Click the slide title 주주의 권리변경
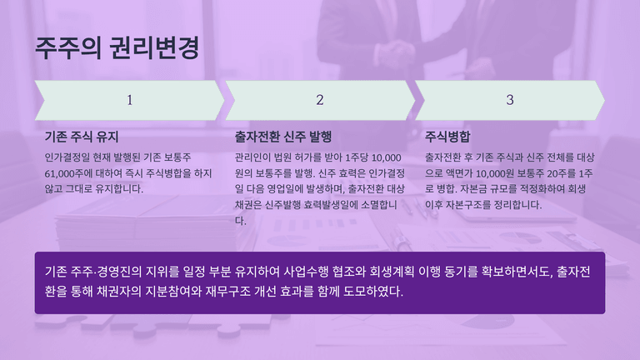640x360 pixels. (x=117, y=47)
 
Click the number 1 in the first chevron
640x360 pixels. (x=129, y=100)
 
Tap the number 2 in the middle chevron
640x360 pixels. (x=320, y=100)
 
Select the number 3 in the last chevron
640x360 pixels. (x=510, y=100)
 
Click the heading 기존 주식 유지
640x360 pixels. (x=82, y=137)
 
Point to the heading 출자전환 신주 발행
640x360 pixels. (x=283, y=137)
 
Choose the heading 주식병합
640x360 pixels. (x=447, y=137)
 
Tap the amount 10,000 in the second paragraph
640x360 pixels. (x=386, y=158)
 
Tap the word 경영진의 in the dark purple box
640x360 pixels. (x=119, y=272)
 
